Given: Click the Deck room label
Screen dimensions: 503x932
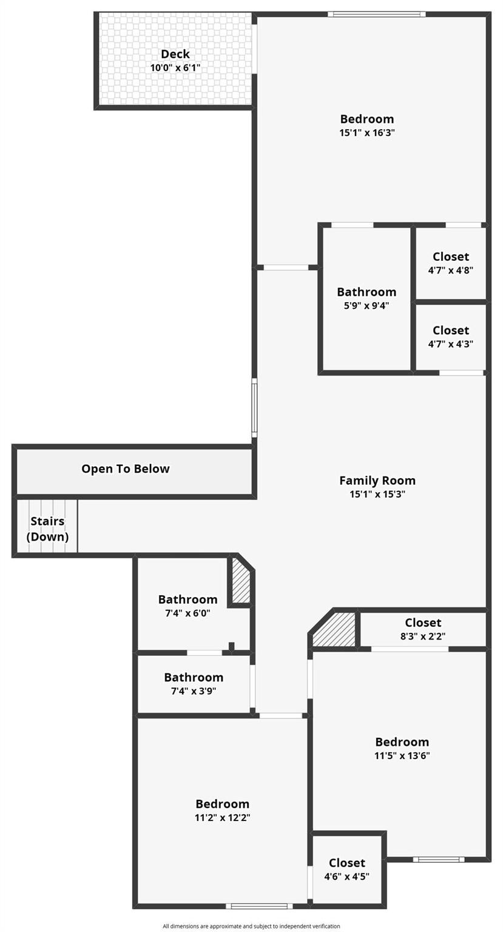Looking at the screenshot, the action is pyautogui.click(x=175, y=54).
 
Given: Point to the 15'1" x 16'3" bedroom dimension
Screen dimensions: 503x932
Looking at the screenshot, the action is pyautogui.click(x=366, y=133).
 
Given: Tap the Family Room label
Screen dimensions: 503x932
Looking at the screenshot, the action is pyautogui.click(x=377, y=481).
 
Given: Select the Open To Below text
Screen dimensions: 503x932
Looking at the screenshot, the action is pyautogui.click(x=125, y=469).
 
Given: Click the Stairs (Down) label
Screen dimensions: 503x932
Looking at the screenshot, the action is pyautogui.click(x=47, y=529).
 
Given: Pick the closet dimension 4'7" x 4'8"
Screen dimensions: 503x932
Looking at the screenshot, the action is pyautogui.click(x=451, y=270).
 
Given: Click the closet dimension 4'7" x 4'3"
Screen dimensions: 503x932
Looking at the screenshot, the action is pyautogui.click(x=451, y=343).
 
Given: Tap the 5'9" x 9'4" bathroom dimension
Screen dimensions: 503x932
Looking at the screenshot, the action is pyautogui.click(x=366, y=305).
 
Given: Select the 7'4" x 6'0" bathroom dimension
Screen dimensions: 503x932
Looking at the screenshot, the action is pyautogui.click(x=187, y=613).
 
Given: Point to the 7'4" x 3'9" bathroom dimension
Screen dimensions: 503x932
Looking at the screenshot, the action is pyautogui.click(x=194, y=691).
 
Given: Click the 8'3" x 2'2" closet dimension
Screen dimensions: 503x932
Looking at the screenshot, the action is pyautogui.click(x=423, y=636).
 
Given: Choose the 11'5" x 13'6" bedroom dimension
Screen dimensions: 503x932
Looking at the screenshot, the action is pyautogui.click(x=402, y=755).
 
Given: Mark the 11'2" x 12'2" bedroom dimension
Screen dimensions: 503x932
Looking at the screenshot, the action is pyautogui.click(x=222, y=817).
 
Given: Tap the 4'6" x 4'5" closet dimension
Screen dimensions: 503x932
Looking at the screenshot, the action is pyautogui.click(x=346, y=876).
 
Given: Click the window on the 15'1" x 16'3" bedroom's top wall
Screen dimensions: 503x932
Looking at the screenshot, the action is pyautogui.click(x=377, y=14).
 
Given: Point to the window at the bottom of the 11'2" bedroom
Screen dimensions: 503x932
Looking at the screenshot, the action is pyautogui.click(x=259, y=906).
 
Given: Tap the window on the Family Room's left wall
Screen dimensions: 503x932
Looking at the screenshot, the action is pyautogui.click(x=254, y=407).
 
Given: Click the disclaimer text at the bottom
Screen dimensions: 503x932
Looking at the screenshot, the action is pyautogui.click(x=251, y=926).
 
